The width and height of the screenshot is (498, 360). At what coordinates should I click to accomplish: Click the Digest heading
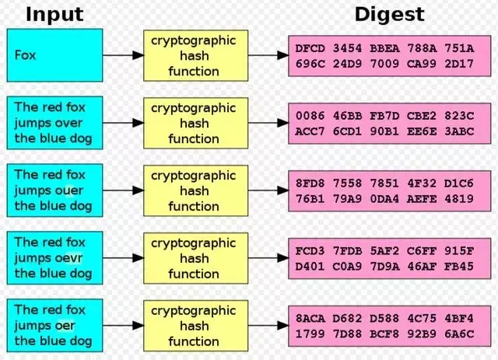click(x=390, y=13)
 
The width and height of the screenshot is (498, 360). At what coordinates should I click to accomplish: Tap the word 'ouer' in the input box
click(x=68, y=190)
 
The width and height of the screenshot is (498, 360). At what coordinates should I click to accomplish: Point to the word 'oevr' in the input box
click(x=68, y=258)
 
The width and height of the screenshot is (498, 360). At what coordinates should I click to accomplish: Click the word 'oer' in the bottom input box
click(x=65, y=326)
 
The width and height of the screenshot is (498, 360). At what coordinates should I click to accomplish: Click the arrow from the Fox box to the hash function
click(x=123, y=56)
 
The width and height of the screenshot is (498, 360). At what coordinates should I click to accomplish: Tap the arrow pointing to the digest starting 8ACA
click(x=265, y=326)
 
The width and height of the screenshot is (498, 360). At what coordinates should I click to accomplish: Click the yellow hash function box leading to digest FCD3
click(x=194, y=258)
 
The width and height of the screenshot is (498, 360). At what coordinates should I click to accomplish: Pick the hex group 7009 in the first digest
click(x=384, y=64)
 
